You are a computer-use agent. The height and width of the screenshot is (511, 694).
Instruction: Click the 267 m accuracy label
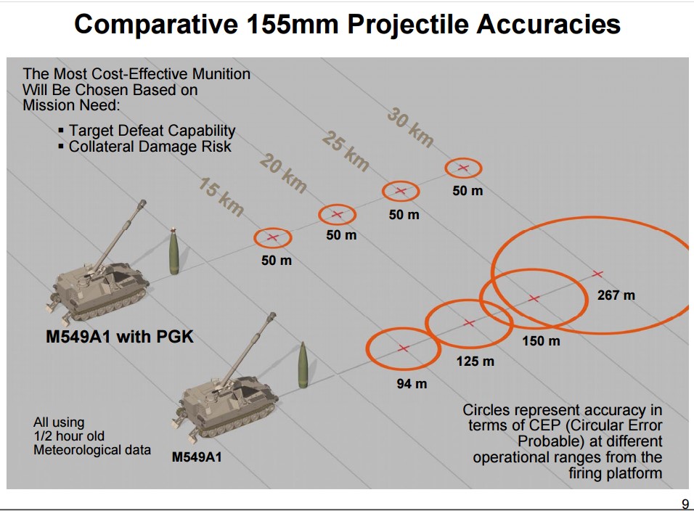[616, 295]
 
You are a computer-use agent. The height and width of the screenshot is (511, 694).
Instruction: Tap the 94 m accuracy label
[412, 383]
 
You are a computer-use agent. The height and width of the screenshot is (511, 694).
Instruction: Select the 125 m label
[475, 361]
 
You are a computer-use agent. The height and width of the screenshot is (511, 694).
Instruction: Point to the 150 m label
[541, 341]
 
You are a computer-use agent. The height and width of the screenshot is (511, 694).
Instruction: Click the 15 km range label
[221, 197]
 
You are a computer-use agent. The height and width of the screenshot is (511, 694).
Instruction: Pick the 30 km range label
[410, 128]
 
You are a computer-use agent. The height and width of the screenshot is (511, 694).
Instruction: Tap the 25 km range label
[346, 151]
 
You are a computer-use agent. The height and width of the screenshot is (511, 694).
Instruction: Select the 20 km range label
[283, 173]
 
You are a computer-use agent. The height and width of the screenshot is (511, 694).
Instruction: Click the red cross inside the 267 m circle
[597, 274]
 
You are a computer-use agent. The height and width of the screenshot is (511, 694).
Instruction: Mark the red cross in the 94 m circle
[403, 348]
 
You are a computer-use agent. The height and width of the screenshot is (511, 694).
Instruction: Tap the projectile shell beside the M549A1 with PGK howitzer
[174, 251]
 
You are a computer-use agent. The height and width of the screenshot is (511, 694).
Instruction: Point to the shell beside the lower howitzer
[303, 365]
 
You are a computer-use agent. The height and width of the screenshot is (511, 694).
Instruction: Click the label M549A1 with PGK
[120, 337]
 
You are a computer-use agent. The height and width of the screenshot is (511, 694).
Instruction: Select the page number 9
[685, 504]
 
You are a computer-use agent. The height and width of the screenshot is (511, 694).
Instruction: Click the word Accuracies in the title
[548, 24]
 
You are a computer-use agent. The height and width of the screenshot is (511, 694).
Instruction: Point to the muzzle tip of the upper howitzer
[142, 203]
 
